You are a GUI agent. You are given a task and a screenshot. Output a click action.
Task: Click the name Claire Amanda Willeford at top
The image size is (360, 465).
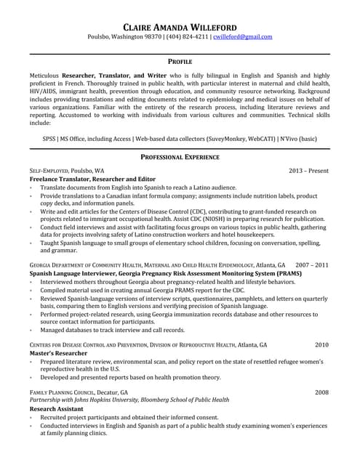pyautogui.click(x=180, y=24)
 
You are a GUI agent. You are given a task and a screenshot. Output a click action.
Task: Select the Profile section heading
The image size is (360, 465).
pyautogui.click(x=180, y=62)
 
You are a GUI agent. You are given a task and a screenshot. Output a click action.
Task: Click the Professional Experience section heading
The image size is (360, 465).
pyautogui.click(x=180, y=157)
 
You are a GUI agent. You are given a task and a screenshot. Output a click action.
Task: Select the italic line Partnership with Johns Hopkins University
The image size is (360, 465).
pyautogui.click(x=129, y=400)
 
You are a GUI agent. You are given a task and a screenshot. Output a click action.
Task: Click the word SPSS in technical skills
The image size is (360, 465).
pyautogui.click(x=50, y=138)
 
